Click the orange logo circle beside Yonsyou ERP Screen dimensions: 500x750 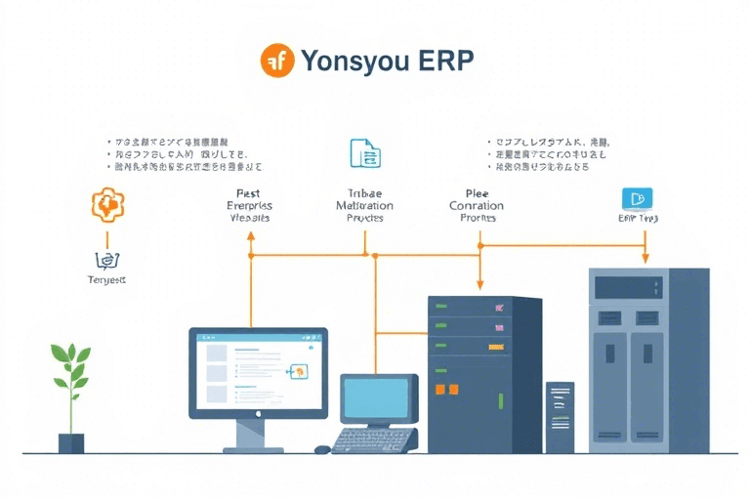(277, 61)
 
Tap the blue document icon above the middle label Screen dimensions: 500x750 (364, 153)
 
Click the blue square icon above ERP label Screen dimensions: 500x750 (637, 199)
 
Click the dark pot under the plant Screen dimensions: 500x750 (70, 442)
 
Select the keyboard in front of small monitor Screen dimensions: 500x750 (375, 440)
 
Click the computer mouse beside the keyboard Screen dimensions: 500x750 (321, 449)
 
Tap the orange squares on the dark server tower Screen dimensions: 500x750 (445, 389)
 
